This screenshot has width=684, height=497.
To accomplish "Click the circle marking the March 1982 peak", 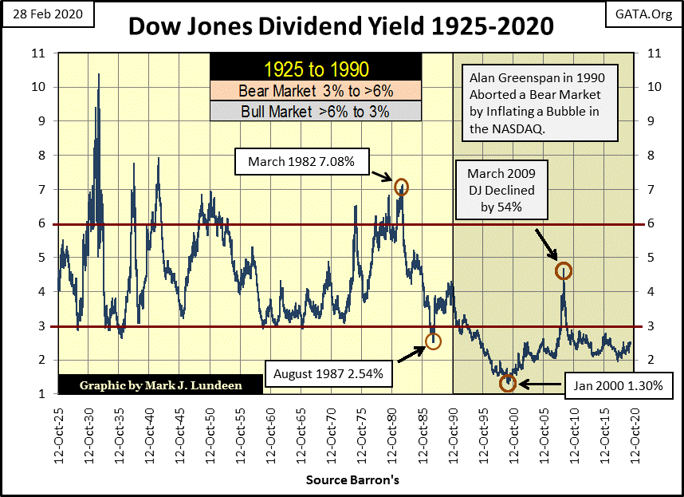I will pyautogui.click(x=401, y=187).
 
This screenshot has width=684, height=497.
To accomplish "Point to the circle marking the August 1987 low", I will pyautogui.click(x=433, y=341).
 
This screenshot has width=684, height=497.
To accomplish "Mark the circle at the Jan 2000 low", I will pyautogui.click(x=508, y=383).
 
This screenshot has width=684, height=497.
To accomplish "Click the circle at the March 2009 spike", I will pyautogui.click(x=563, y=270).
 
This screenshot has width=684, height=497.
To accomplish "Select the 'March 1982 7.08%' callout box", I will pyautogui.click(x=305, y=164).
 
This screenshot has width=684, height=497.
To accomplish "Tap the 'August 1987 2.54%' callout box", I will pyautogui.click(x=330, y=373).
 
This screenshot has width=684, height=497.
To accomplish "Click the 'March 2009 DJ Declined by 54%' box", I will pyautogui.click(x=501, y=191).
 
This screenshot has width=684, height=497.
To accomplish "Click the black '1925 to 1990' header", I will pyautogui.click(x=315, y=68).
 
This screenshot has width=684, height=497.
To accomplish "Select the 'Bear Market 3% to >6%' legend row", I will pyautogui.click(x=315, y=90).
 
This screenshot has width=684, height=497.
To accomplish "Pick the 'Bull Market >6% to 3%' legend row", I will pyautogui.click(x=315, y=111).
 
